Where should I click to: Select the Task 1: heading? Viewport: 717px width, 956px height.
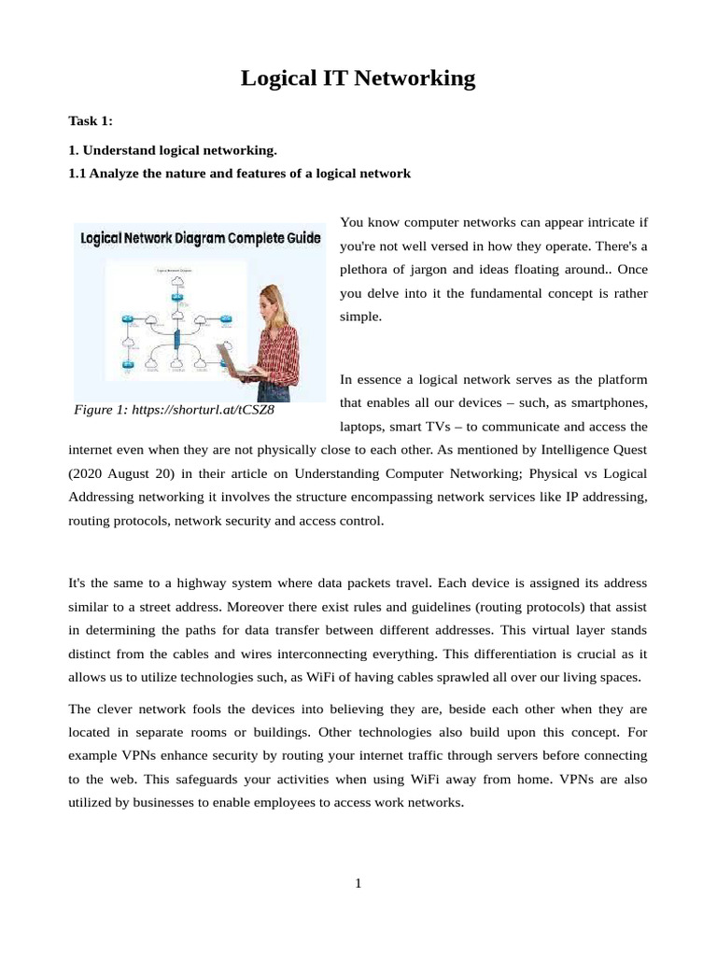point(91,121)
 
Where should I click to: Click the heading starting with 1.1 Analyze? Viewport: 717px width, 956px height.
point(239,174)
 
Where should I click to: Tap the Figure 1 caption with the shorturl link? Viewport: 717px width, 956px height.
point(174,410)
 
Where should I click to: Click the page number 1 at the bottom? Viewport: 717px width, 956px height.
point(358,884)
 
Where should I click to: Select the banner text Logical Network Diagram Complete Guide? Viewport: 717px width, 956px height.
point(200,239)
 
